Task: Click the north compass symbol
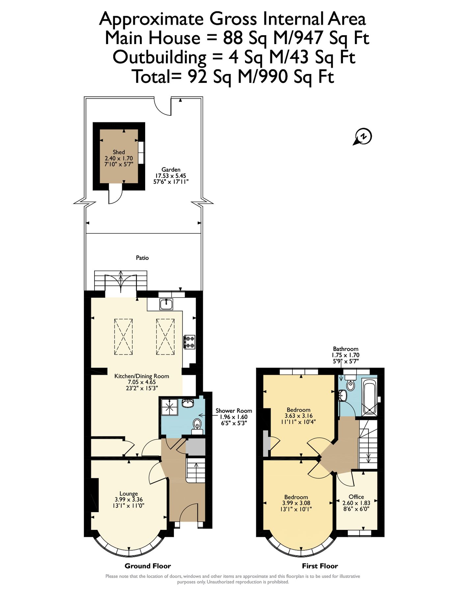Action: pos(363,136)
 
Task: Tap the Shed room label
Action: pos(119,152)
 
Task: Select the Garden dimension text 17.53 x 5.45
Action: pos(171,176)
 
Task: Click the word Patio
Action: pos(142,258)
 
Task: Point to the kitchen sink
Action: pos(167,304)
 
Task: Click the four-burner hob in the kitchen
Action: pos(189,342)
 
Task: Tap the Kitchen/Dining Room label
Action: pos(142,376)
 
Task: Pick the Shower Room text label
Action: pos(234,411)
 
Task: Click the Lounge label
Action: pos(128,494)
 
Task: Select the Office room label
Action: pos(356,497)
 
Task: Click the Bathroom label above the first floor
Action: pos(345,349)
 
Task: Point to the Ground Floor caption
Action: pos(148,566)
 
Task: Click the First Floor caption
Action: pos(320,566)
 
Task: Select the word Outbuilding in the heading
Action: pos(159,57)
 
